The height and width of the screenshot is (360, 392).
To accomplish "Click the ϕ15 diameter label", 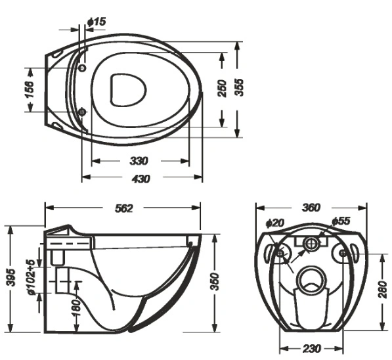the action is [97, 22].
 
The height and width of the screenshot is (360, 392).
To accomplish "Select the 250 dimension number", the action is [222, 89].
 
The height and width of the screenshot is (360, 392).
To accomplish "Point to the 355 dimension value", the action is [240, 87].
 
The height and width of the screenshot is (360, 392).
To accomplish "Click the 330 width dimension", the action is [139, 161].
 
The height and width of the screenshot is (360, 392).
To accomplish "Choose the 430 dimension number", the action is [141, 179].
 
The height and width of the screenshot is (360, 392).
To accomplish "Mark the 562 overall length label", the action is [124, 208].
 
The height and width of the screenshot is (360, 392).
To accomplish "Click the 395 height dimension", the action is [11, 278].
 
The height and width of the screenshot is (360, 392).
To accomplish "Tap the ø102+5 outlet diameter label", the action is [32, 277].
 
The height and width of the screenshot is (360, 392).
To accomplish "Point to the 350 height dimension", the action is [215, 282].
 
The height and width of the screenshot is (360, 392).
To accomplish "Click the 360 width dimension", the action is [311, 208].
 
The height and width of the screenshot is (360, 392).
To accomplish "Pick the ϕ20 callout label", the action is [275, 223].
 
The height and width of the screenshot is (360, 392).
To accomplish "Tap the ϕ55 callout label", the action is [341, 221].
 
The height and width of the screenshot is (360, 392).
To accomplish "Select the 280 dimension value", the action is [383, 290].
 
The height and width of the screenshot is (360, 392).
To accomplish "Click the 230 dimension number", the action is [312, 348].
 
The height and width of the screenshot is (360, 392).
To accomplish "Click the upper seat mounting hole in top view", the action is [82, 68].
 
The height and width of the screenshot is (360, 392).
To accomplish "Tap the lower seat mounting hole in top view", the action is [82, 112].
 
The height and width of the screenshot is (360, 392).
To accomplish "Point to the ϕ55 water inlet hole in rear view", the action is [311, 243].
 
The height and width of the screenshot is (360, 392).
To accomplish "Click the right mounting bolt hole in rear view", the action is [343, 254].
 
